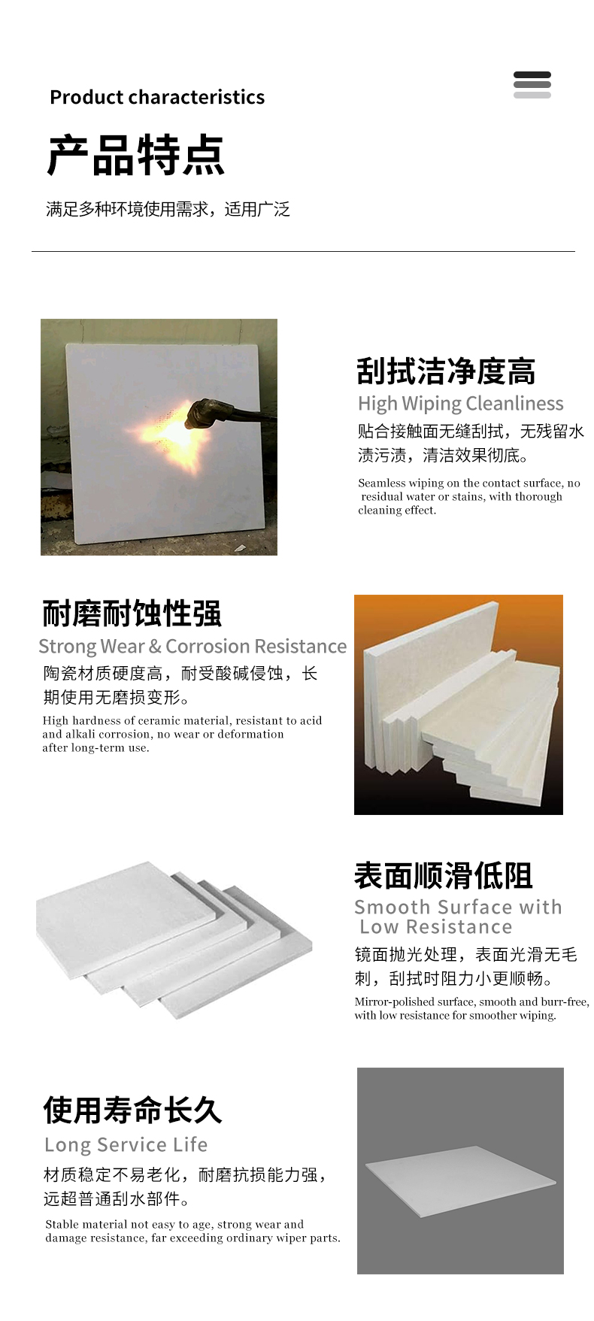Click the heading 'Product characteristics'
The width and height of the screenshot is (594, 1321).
coord(157,97)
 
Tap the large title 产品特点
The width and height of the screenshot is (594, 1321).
coord(136,156)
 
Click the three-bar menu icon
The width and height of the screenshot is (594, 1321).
coord(532,85)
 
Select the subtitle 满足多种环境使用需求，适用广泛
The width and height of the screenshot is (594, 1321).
coord(168,209)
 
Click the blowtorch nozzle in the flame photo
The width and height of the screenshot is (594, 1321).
coord(202,413)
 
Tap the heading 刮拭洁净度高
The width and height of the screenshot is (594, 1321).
coord(446,371)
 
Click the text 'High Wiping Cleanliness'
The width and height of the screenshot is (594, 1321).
coord(460,404)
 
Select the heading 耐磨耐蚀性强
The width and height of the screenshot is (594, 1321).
coord(132,614)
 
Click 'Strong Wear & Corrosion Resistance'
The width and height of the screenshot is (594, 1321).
coord(192,647)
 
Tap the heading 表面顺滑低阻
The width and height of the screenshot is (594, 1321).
coord(444,876)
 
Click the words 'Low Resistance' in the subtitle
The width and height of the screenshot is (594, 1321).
coord(436,927)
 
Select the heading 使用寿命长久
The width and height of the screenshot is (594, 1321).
coord(132,1110)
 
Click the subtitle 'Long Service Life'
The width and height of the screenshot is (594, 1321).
coord(126,1145)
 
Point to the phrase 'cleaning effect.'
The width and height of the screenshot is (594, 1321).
coord(397,511)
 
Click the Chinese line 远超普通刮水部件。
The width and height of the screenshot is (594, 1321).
coord(117,1198)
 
